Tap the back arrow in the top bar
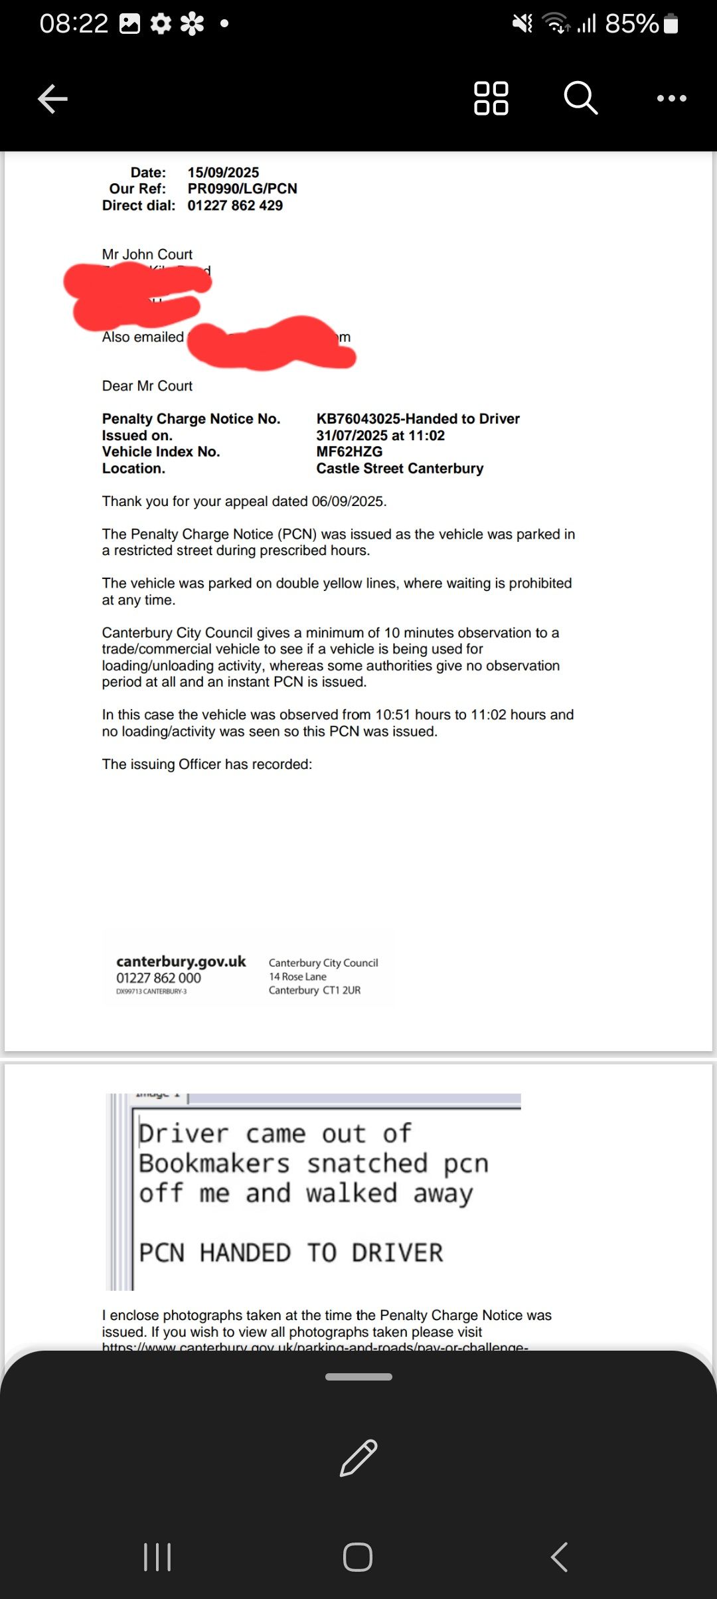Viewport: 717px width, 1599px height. (53, 99)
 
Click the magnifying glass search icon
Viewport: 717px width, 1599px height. (580, 98)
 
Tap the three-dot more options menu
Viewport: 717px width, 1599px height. (671, 98)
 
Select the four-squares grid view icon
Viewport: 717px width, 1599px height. (491, 98)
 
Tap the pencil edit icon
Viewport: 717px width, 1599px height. (358, 1458)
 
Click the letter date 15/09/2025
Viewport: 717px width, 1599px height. (223, 173)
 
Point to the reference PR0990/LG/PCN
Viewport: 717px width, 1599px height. (242, 189)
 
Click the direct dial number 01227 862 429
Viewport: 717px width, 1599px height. (235, 205)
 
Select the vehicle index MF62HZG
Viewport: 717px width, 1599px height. (349, 452)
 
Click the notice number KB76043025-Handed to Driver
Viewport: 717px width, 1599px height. (418, 419)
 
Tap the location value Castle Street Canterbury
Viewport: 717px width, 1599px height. (400, 468)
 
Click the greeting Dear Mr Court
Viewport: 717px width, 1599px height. (147, 386)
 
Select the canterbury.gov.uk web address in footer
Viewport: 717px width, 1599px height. (181, 962)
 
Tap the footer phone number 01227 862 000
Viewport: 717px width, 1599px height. (158, 978)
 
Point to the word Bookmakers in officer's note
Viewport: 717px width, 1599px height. (214, 1163)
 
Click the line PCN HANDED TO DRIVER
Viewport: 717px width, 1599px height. (291, 1252)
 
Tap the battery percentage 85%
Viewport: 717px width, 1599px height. (631, 24)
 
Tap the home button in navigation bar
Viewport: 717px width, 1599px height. (358, 1557)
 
